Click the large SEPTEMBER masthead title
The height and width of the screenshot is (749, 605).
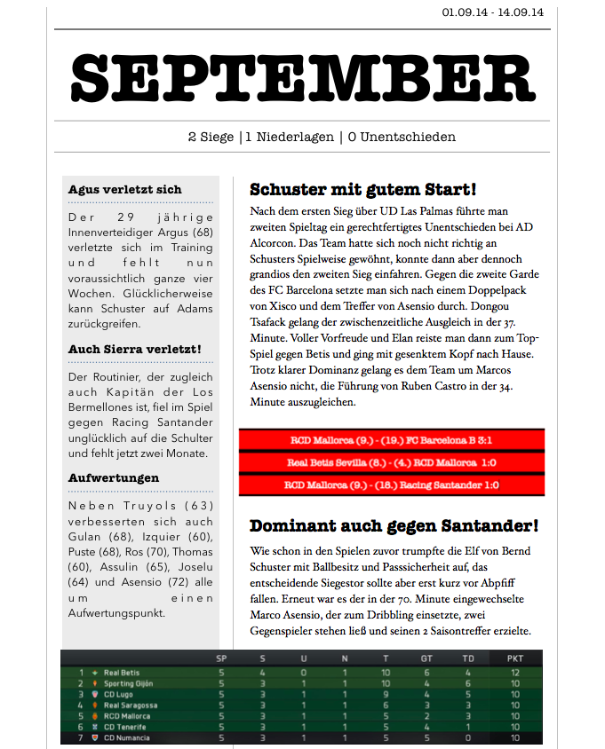coord(302,78)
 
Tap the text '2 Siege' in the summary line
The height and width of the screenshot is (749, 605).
coord(211,137)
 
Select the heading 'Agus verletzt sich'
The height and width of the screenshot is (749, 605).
coord(124,189)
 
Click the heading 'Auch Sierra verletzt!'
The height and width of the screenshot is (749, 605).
coord(135,350)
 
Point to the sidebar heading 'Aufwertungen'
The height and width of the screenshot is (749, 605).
coord(114,478)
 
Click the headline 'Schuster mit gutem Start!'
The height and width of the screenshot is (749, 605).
coord(363,189)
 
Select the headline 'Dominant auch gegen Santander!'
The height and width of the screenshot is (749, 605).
coord(394,525)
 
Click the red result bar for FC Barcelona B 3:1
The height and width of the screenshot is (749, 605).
coord(391,439)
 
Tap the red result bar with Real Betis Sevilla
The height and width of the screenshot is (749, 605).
coord(391,462)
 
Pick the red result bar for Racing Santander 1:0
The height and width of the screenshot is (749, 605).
coord(391,485)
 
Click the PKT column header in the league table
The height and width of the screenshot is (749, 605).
coord(515,658)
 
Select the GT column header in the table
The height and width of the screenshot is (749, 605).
coord(426,658)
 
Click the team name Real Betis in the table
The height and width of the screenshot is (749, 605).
coord(122,674)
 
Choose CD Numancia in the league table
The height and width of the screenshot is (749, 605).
coord(126,737)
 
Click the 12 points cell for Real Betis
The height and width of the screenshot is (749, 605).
coord(515,674)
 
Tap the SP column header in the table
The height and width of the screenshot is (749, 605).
coord(221,658)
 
